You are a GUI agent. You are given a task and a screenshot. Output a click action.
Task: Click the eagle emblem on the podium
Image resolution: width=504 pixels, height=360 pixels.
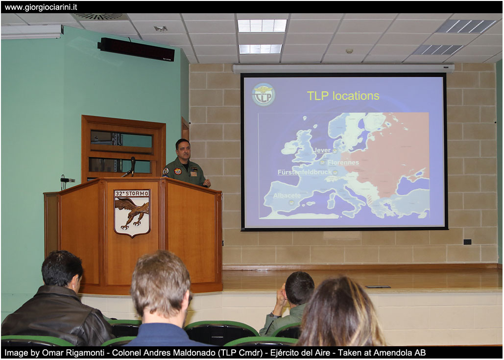[x=132, y=213]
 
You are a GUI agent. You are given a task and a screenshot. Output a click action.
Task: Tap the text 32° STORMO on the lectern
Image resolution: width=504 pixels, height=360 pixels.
[x=132, y=193]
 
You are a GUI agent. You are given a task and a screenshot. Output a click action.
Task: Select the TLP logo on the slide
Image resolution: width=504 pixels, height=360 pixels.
[x=264, y=95]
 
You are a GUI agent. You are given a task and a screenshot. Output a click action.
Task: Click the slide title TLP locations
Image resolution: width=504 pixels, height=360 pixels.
[x=343, y=96]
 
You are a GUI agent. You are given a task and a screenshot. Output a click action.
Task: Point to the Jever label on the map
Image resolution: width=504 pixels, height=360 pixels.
[x=322, y=150]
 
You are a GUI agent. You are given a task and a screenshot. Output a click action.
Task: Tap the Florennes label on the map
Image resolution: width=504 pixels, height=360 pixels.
[x=343, y=162]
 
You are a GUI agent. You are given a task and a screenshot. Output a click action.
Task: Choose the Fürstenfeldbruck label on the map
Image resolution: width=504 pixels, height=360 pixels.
[x=304, y=172]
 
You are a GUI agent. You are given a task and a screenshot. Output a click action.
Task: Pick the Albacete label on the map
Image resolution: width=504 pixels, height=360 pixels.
[x=287, y=195]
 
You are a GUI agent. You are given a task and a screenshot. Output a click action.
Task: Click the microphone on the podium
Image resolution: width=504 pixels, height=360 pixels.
[x=132, y=166]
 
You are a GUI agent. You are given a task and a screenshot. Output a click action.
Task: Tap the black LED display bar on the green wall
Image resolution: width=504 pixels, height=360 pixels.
[x=136, y=49]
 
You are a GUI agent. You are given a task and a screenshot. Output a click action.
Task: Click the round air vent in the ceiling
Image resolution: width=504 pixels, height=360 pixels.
[x=98, y=16]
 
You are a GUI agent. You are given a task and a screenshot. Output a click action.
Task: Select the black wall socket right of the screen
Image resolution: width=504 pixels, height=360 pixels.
[x=467, y=242]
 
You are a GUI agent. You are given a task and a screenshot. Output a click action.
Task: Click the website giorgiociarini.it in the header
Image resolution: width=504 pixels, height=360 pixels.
[x=41, y=7]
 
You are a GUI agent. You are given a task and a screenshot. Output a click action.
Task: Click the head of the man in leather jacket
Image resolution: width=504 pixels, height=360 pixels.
[x=62, y=269]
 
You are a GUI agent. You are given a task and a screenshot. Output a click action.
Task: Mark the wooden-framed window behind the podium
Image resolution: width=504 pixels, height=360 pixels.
[x=123, y=148]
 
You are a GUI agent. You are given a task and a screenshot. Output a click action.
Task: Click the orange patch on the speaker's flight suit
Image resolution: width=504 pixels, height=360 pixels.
[x=177, y=171]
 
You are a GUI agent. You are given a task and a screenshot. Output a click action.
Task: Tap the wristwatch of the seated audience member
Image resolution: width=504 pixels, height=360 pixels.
[x=274, y=315]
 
